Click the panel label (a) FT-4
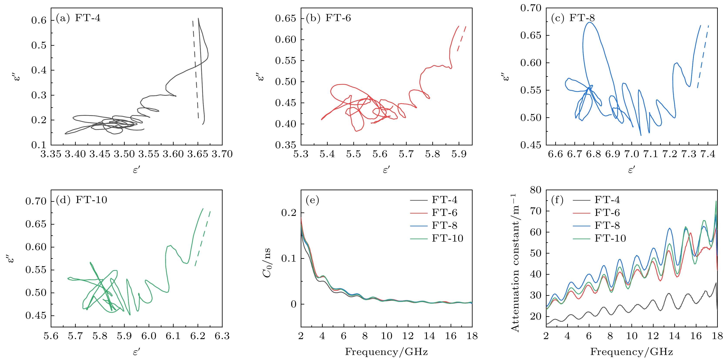tap(78, 18)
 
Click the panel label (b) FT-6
tap(328, 18)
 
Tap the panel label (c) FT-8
tap(573, 18)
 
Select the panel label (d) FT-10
tap(81, 200)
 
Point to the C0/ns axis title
tap(267, 263)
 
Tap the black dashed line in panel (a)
tap(195, 68)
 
